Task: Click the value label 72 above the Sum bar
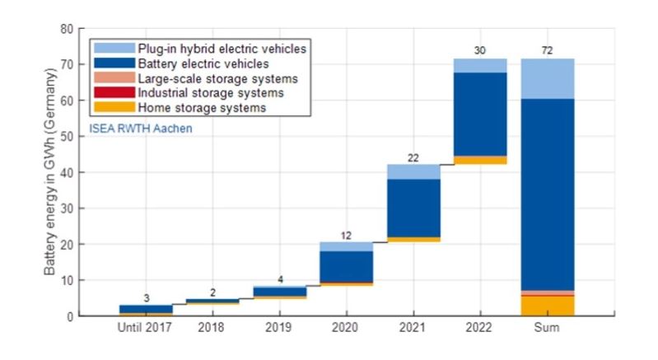[x=547, y=51]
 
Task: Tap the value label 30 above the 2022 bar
[x=480, y=51]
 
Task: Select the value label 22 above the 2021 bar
[x=413, y=157]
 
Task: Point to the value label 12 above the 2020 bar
[x=346, y=235]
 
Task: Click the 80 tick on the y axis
[x=67, y=29]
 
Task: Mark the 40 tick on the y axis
[x=67, y=172]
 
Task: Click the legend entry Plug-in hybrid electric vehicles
[x=223, y=49]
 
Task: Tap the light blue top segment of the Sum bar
[x=548, y=79]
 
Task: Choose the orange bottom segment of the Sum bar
[x=548, y=306]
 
